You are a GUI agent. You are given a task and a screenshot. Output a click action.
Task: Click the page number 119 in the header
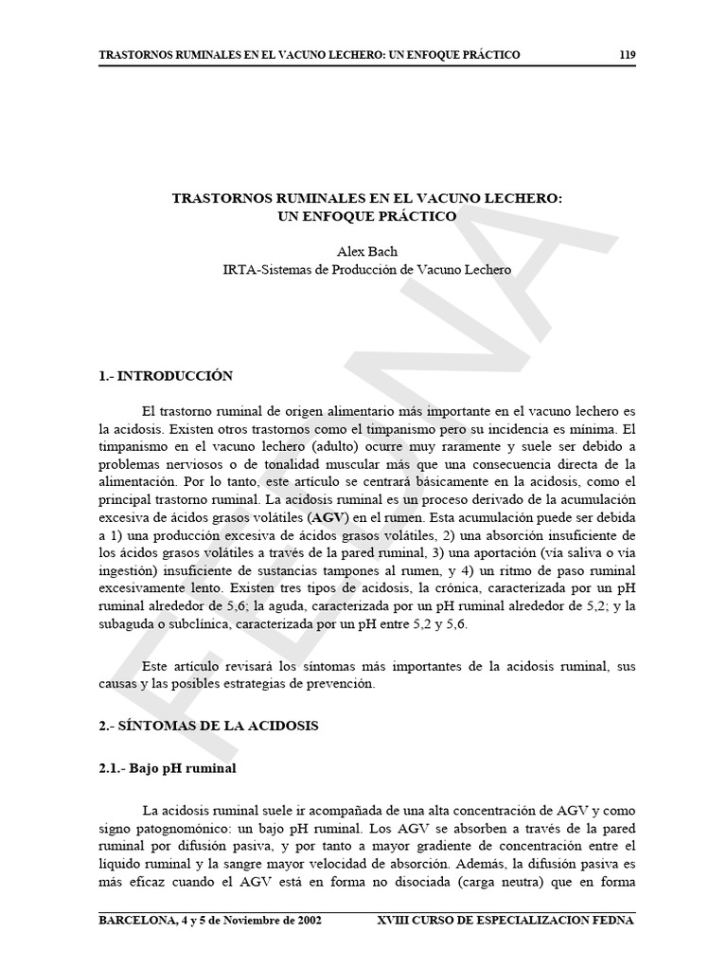pos(627,55)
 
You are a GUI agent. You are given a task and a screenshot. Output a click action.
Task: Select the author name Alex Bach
pos(366,252)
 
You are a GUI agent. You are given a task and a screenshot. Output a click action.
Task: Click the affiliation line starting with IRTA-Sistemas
pos(366,269)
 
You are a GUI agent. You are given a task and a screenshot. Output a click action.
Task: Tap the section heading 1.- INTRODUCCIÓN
pos(166,376)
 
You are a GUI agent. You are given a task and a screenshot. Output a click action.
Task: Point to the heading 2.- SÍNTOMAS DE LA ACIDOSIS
pos(209,726)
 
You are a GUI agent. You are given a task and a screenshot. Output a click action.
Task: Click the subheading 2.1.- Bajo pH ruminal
pos(168,768)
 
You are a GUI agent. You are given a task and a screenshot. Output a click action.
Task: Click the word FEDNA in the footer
pos(613,921)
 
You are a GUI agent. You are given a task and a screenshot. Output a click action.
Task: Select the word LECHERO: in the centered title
pos(524,199)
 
